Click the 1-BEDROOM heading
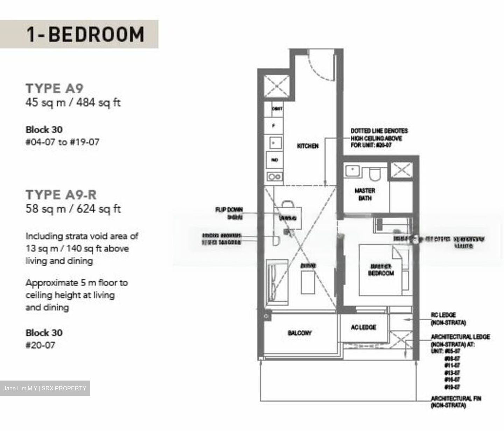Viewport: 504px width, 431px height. point(85,34)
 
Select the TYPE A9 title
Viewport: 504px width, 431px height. point(55,88)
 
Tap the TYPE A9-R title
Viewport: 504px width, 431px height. point(61,194)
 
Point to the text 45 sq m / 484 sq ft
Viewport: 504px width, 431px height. point(73,103)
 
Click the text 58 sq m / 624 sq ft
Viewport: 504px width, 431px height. point(73,209)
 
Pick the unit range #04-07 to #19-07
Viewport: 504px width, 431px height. point(62,142)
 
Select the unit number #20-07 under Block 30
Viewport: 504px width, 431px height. point(40,345)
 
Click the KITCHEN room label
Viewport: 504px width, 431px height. point(308,146)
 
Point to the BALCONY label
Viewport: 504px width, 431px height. point(300,333)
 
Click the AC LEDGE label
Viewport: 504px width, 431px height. point(363,327)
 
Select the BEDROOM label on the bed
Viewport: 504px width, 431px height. point(381,273)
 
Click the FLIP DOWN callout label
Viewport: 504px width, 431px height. point(229,210)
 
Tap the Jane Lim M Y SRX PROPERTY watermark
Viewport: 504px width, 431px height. point(45,388)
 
